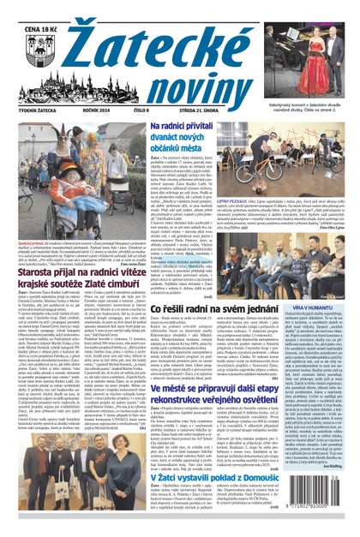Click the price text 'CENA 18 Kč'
31,9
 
